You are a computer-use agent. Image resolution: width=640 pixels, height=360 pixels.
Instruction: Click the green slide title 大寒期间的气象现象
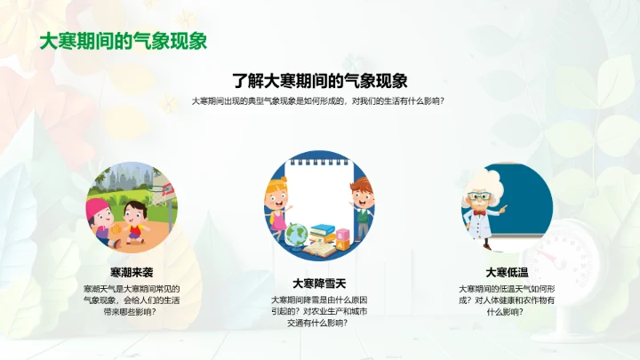tap(124, 42)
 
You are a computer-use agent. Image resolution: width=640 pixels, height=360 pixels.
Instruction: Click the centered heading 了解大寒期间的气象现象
tap(319, 79)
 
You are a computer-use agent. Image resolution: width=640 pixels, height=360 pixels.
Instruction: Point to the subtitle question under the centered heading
tap(319, 101)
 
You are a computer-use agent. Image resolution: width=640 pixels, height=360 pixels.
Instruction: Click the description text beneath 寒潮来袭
tap(131, 300)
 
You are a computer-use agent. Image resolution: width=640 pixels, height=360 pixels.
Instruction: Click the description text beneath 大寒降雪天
tap(319, 310)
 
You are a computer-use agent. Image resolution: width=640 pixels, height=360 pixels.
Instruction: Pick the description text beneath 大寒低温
tap(507, 300)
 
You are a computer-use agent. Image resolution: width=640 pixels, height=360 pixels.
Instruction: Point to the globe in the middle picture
tap(295, 234)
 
